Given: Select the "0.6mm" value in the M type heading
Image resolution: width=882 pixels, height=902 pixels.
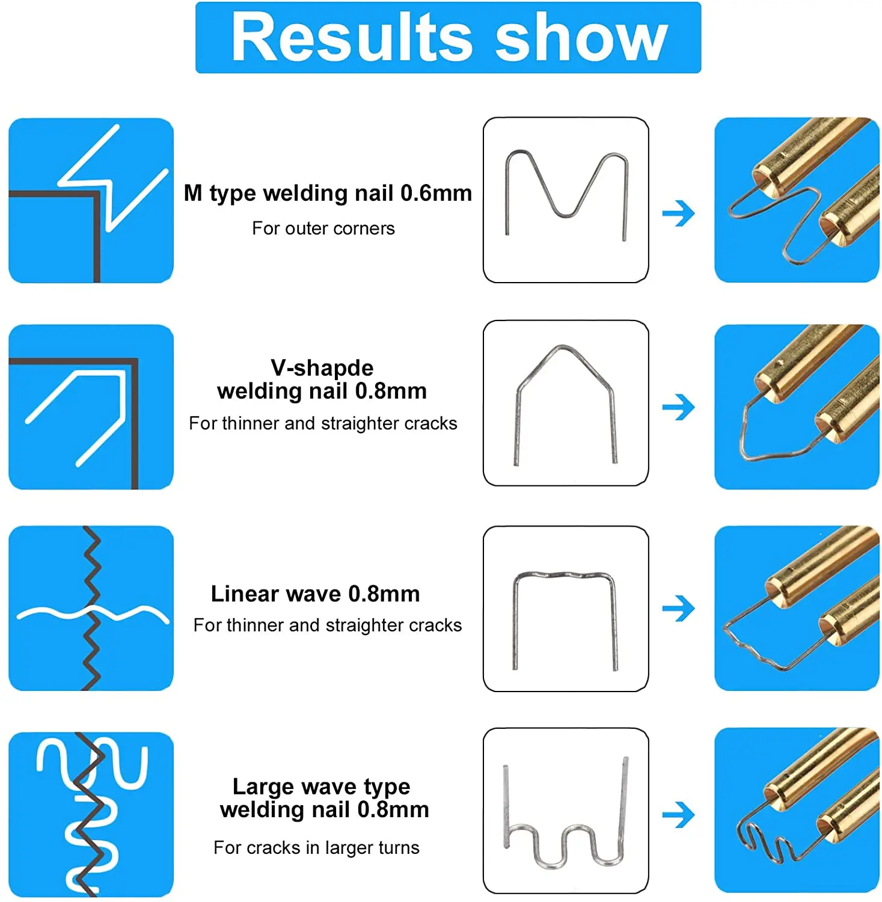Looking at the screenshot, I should [436, 193].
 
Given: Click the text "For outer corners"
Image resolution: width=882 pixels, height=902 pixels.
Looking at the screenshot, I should [323, 229].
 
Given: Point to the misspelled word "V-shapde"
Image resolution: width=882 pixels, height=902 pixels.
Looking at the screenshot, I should [322, 367].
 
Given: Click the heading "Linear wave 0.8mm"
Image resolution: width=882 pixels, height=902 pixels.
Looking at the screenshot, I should [315, 594].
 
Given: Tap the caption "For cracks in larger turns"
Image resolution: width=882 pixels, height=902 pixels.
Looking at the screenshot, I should [316, 848].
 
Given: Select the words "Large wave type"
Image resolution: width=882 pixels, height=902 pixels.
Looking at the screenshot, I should [321, 787].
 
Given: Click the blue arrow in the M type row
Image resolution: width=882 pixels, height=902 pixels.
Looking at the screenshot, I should [678, 213].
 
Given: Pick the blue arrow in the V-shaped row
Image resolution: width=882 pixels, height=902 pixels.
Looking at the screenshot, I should [678, 408].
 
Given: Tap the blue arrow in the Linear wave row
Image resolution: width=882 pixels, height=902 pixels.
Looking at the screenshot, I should [678, 609].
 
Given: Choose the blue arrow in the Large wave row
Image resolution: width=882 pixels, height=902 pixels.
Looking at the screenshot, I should [678, 815].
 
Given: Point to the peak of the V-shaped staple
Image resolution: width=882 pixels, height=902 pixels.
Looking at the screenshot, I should [563, 347].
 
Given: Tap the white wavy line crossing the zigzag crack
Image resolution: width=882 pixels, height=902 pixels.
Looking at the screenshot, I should [54, 613].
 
